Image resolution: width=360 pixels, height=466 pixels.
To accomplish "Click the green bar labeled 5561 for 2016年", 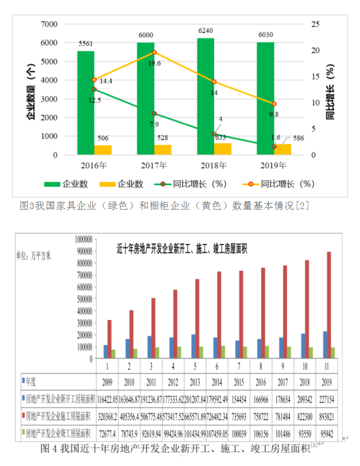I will pos(86,102).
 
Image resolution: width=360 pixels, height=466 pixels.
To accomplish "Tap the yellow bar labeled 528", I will pos(162,149).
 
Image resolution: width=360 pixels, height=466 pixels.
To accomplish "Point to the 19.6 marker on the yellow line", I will pos(154,52).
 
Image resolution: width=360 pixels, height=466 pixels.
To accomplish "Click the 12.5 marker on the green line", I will pos(94,89).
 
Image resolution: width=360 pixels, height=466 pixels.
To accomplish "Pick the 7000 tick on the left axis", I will pos(48,24).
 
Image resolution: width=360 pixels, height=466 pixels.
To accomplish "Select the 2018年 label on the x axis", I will pos(205,165).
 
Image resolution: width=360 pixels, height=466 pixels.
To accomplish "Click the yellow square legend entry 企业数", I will pos(120,184).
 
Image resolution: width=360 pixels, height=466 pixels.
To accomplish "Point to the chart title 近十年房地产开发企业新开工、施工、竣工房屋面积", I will pos(182,247).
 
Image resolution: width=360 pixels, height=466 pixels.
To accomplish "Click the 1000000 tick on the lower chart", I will pos(80,239).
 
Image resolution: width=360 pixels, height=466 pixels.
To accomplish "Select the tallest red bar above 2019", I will pos(329,305).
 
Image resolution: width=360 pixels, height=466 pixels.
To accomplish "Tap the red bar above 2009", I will pos(110,339).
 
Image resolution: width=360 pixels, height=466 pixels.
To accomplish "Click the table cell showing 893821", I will pos(326,415).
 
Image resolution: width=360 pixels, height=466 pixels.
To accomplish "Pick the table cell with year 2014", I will pos(217,383).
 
